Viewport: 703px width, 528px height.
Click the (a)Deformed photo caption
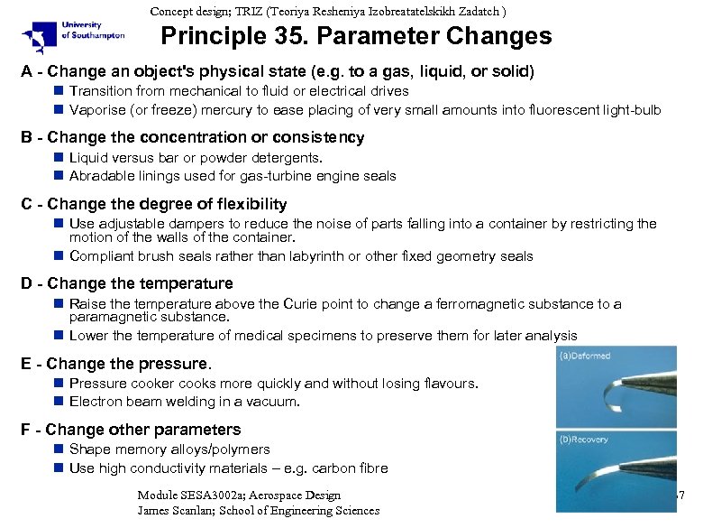[584, 356]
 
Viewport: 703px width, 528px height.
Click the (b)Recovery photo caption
[583, 440]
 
